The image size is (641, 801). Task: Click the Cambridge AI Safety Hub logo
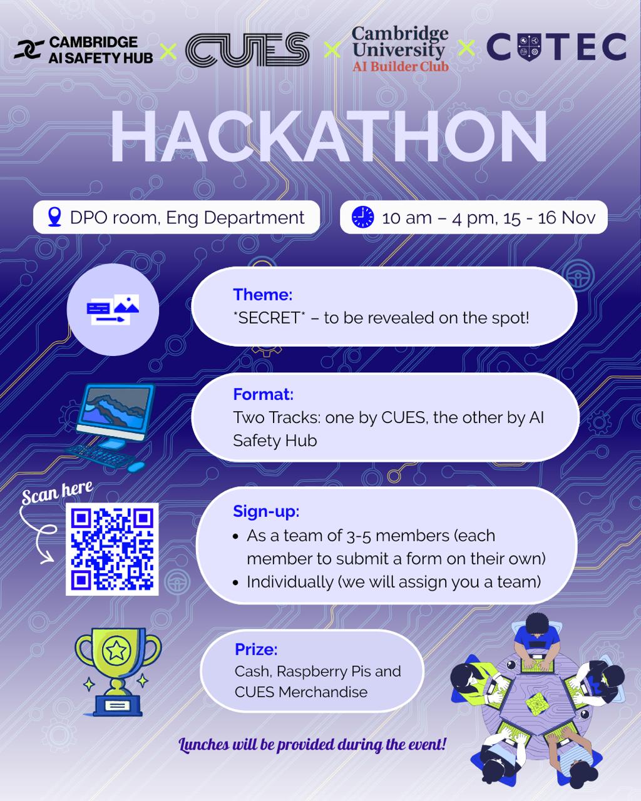coord(83,50)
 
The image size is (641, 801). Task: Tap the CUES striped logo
coord(247,50)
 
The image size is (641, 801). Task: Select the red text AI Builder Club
coord(401,66)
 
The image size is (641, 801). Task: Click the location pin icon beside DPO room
coord(54,217)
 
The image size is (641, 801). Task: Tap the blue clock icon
coord(362,217)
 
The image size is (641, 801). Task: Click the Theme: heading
coord(262,294)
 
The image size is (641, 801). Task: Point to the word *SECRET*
coord(269,318)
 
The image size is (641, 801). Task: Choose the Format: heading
coord(263,394)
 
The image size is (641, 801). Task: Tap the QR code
coord(112,549)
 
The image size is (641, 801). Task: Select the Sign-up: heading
coord(266,511)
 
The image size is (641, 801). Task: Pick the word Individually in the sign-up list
coord(290,582)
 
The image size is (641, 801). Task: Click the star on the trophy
coord(116,651)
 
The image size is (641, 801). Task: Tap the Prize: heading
coord(256,650)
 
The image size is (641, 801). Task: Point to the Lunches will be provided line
coord(312,745)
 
